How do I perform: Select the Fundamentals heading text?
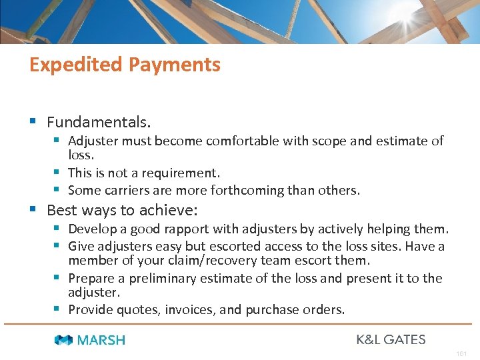pyautogui.click(x=99, y=123)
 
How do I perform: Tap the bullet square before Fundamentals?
pyautogui.click(x=33, y=121)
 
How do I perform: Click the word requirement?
pyautogui.click(x=180, y=173)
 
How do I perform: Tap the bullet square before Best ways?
pyautogui.click(x=33, y=209)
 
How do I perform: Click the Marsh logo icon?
pyautogui.click(x=63, y=340)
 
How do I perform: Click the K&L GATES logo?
pyautogui.click(x=391, y=339)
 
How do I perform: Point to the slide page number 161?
pyautogui.click(x=461, y=353)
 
